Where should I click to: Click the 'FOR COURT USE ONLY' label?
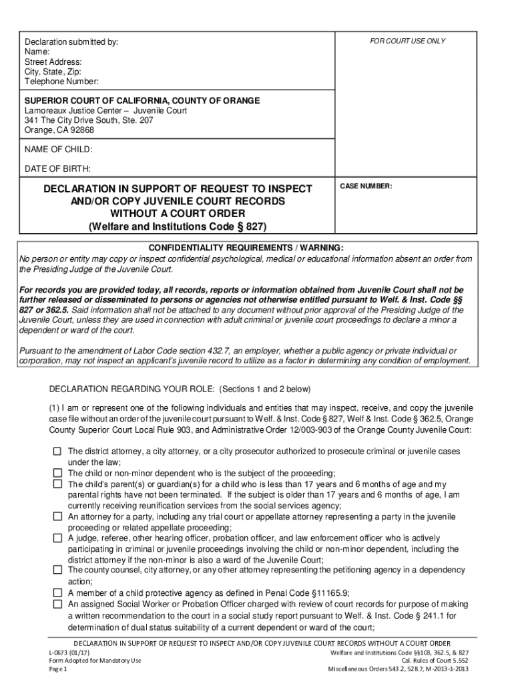[407, 41]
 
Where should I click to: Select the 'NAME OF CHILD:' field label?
[59, 149]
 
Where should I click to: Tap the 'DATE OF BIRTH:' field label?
[57, 168]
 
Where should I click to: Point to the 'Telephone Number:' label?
[61, 81]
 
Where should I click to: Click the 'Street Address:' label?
[53, 61]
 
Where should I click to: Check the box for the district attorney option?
[57, 452]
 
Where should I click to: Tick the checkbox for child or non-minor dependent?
[57, 473]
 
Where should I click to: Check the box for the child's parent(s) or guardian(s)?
[57, 484]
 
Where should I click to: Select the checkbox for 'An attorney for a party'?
[57, 516]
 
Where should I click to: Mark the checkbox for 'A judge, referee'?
[57, 538]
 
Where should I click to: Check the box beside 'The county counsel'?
[57, 570]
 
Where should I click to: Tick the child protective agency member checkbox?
[57, 592]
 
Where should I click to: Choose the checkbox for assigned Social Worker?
[57, 604]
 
